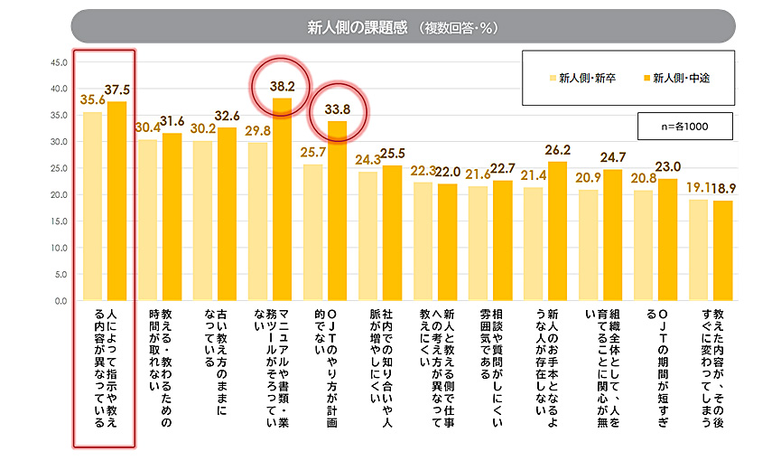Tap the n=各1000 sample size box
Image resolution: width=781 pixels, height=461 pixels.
coord(683,127)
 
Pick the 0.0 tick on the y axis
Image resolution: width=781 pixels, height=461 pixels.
coord(60,300)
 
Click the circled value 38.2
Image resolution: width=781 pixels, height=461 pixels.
coord(282,88)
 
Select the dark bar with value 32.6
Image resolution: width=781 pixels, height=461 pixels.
coord(227,213)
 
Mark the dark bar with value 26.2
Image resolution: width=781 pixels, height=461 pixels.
coord(558,230)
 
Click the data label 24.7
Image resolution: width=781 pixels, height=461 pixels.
coord(613,156)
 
